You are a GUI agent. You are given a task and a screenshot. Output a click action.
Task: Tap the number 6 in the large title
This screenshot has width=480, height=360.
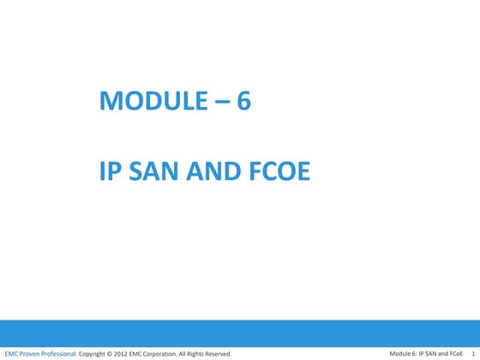(x=243, y=103)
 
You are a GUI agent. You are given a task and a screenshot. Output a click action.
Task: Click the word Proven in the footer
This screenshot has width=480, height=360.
(x=30, y=353)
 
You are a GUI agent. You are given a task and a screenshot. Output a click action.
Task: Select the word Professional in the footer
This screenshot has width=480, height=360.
(x=60, y=353)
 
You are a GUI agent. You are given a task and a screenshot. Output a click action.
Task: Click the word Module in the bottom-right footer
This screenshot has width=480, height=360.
(x=401, y=353)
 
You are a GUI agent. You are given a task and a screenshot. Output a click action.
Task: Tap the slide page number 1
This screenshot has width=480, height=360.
(x=474, y=353)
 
